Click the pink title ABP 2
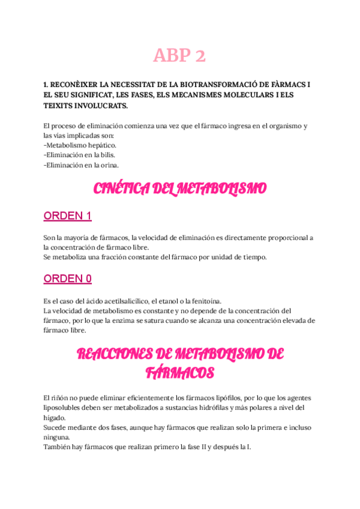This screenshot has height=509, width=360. (x=179, y=56)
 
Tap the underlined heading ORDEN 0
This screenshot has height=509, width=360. (x=68, y=279)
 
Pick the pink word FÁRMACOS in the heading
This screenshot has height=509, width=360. (x=180, y=373)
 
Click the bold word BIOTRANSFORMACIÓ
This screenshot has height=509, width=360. (x=202, y=85)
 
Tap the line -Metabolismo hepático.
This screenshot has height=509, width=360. (x=80, y=145)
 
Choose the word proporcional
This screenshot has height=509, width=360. (x=280, y=238)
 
